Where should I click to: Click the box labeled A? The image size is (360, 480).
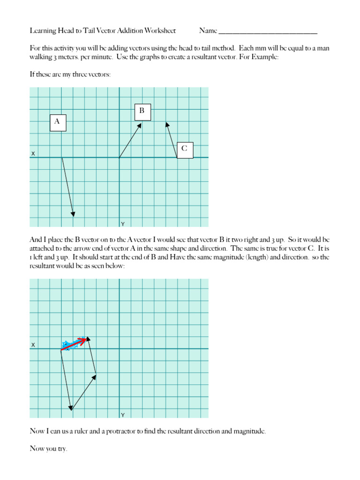point(58,122)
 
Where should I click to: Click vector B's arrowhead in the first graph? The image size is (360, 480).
point(140,125)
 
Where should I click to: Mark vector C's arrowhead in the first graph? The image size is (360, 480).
point(166,124)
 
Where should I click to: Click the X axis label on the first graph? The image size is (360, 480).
point(33,154)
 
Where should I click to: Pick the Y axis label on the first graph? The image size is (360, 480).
point(123,224)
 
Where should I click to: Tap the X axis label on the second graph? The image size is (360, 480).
point(33,345)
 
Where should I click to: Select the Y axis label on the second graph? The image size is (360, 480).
point(123,415)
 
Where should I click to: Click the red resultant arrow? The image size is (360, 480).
point(75,343)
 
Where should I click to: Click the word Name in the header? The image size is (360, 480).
point(208,31)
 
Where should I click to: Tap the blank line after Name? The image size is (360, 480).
point(268,32)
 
